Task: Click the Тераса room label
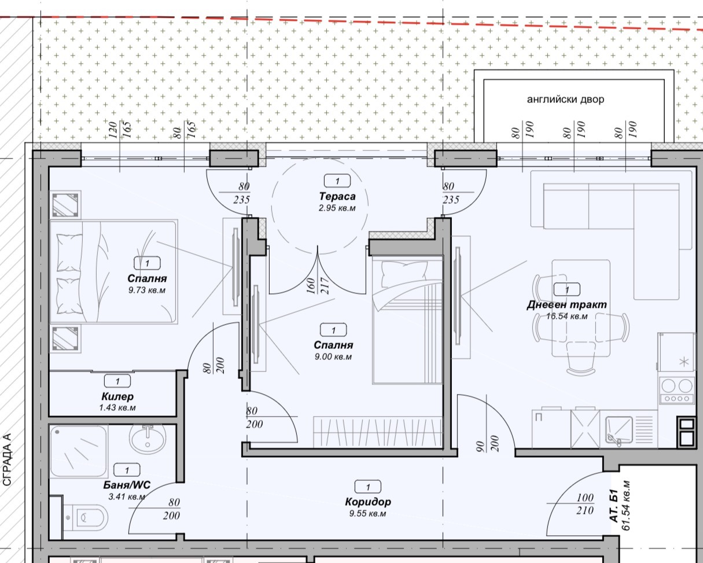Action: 337,196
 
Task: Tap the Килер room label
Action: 117,396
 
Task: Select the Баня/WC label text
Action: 127,485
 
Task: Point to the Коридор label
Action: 368,502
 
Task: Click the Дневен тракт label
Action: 567,304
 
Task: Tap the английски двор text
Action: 565,100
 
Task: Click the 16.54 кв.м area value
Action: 567,317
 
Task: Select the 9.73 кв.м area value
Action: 147,290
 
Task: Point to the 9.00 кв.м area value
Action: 333,356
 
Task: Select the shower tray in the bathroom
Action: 79,451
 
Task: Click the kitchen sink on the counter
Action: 619,430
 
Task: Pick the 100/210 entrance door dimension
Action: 585,503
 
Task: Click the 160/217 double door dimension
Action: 318,286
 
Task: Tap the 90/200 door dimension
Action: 487,443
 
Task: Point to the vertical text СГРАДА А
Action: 6,459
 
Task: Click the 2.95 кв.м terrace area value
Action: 337,208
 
